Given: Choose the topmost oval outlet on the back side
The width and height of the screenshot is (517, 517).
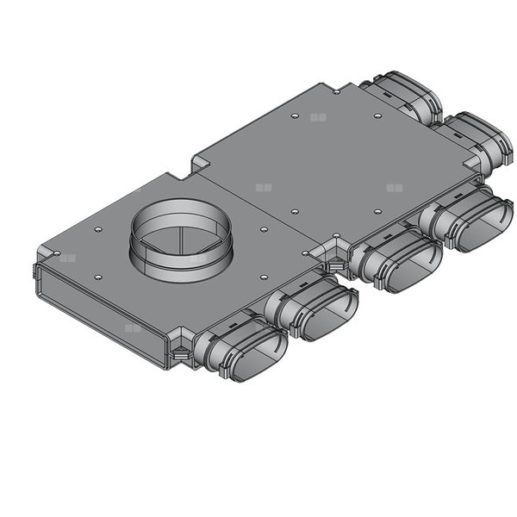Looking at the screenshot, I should pos(405,98).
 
